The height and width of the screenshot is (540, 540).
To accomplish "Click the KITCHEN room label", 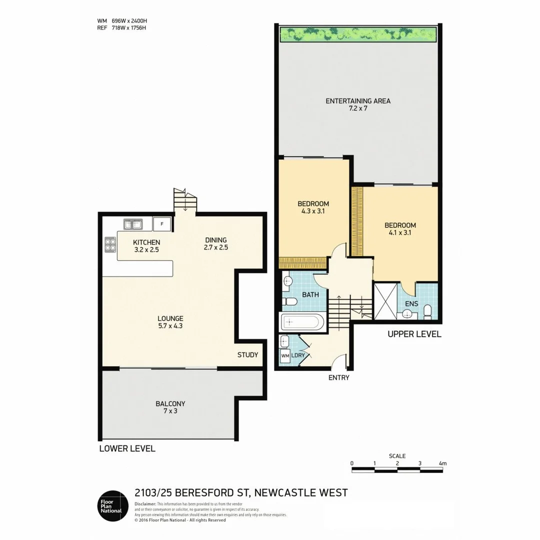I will click(146, 242).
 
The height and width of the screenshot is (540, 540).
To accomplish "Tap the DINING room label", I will click(215, 239).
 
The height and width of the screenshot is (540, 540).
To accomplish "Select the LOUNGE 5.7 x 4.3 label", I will click(170, 318).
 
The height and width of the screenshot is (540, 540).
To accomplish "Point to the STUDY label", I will click(247, 355).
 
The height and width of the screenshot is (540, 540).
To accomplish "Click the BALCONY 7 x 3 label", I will click(170, 403).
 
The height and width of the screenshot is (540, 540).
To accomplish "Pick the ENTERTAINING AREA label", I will click(358, 101).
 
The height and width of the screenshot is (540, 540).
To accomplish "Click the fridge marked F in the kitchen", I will click(162, 224).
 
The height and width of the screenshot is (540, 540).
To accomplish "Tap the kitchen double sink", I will click(132, 224).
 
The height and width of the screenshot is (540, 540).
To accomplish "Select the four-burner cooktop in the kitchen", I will click(110, 244).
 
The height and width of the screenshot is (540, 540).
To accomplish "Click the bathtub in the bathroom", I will click(302, 321).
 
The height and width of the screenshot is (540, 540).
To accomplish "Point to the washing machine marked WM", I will click(285, 356).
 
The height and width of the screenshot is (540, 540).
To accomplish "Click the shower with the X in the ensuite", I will click(386, 301).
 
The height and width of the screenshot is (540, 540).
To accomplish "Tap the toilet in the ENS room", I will click(427, 312).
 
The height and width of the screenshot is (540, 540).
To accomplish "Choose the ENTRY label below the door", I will click(338, 378).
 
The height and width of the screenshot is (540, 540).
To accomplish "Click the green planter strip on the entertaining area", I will click(358, 34).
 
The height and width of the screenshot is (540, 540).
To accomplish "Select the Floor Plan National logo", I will click(110, 505).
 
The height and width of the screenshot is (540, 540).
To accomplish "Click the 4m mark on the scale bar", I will click(442, 463).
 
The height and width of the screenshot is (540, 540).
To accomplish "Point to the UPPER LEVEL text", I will click(414, 334).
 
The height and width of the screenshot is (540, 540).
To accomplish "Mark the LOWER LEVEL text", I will click(127, 448).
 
